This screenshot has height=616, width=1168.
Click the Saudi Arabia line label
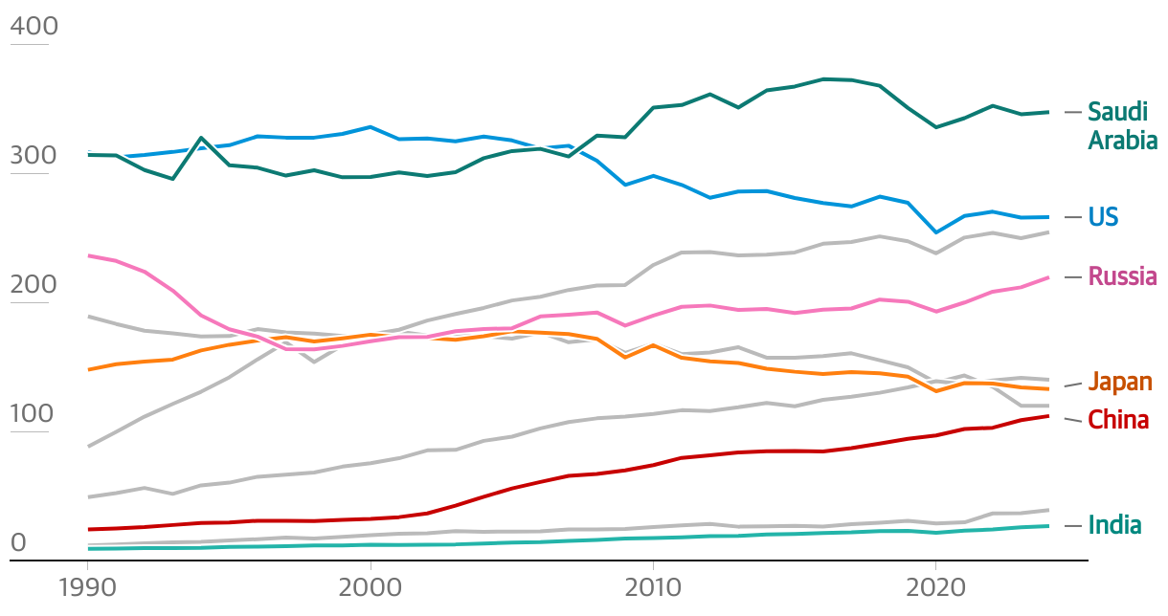pos(1122,126)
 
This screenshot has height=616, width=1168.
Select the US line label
pos(1103,217)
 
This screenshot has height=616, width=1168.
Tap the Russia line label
pos(1122,276)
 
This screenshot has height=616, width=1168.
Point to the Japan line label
pos(1120,383)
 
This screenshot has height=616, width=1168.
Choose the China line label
pos(1118,420)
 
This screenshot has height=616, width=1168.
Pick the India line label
pos(1114,525)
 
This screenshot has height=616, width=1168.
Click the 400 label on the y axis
pos(34,26)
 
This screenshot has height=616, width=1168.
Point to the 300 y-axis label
pos(34,155)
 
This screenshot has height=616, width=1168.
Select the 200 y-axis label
pos(34,284)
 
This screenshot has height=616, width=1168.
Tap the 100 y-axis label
pos(34,414)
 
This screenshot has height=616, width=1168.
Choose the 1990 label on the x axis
pos(87,587)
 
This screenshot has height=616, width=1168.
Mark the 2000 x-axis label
pos(370,587)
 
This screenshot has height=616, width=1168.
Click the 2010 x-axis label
pos(652,587)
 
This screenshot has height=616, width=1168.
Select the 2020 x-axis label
pos(934,587)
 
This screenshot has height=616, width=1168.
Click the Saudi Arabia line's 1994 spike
pos(201,138)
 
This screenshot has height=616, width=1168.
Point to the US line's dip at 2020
pos(935,232)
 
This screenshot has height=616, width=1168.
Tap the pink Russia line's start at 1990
pos(88,255)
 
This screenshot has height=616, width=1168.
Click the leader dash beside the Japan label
pos(1073,385)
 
